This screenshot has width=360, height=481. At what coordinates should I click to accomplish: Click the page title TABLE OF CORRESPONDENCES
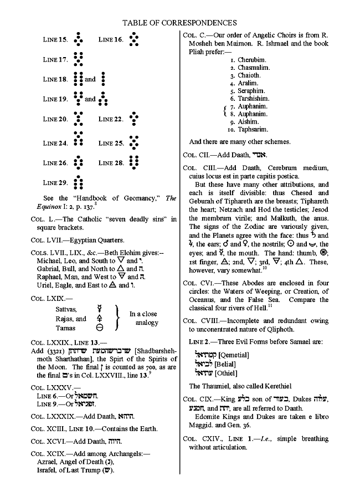point(179,23)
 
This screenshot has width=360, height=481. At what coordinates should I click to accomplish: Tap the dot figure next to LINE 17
point(78,59)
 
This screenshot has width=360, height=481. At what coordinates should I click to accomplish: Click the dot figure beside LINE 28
point(133,163)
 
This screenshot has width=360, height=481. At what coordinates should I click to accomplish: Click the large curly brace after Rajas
point(117,318)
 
